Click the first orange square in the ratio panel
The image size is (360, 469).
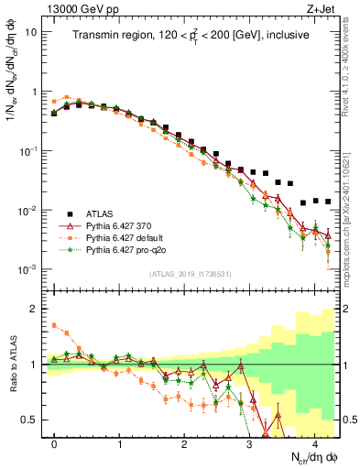(x=54, y=324)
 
